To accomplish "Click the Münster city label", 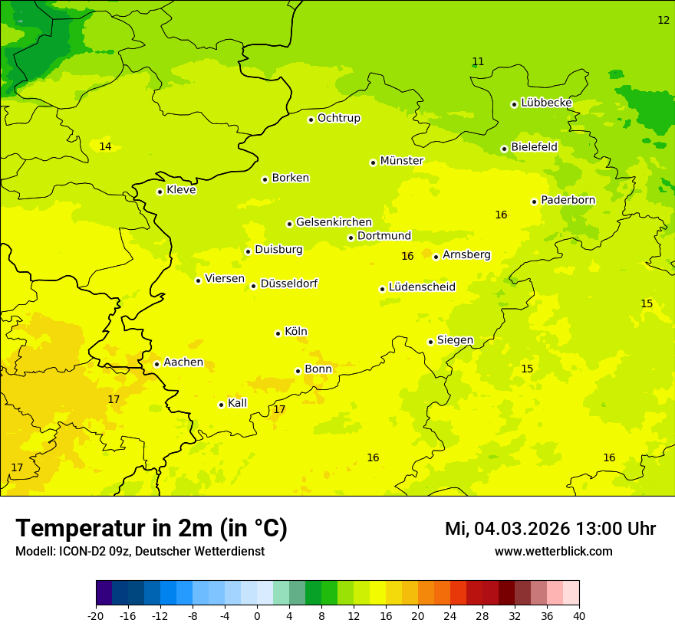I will point(402,161).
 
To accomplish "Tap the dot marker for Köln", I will point(278,333).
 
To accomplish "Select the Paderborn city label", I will point(568,200).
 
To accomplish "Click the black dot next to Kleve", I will point(160,192).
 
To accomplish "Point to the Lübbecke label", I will point(546,103).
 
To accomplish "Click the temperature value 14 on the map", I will point(105,146).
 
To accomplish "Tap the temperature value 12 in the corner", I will point(663,20).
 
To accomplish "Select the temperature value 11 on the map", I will point(478,61).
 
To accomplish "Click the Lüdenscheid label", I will point(422,287).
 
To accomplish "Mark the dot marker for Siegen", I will point(430,342).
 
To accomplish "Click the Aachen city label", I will point(183,362).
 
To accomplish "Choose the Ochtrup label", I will point(338,118).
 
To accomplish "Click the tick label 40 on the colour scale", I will point(578,615).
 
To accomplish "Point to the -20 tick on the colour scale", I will point(96,615).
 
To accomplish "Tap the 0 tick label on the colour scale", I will point(257,615).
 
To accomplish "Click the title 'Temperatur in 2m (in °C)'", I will point(151,528).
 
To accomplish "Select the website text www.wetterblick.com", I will point(553,551).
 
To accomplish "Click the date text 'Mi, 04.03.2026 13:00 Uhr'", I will point(550,529).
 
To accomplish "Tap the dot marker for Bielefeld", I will point(504,149).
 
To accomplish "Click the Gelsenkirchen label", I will point(334,222).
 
